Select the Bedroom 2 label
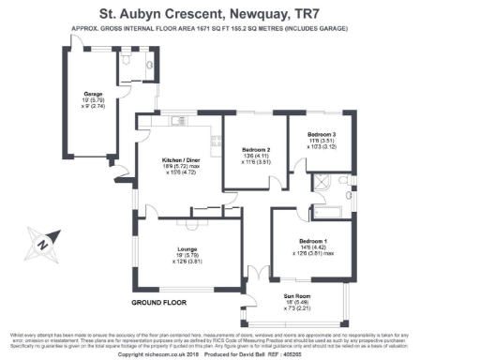(x=255, y=150)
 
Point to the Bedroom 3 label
(x=321, y=135)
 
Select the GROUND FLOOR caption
(x=156, y=303)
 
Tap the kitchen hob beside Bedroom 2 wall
(x=215, y=142)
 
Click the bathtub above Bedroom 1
(x=333, y=200)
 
